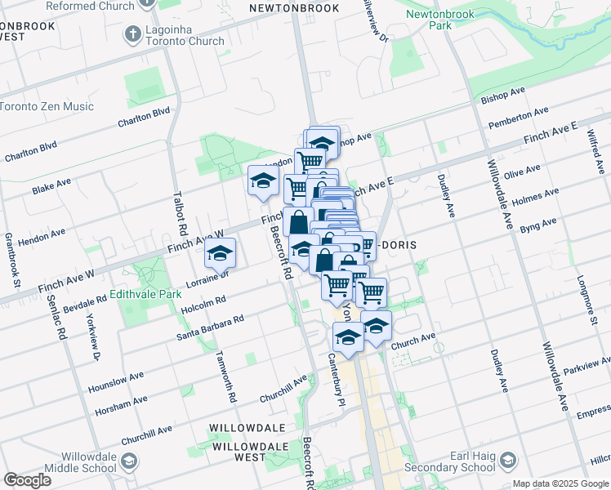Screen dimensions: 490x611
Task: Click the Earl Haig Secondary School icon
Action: pyautogui.click(x=507, y=461)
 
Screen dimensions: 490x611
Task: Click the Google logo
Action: pyautogui.click(x=27, y=480)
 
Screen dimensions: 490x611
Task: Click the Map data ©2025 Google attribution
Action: pyautogui.click(x=560, y=483)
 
